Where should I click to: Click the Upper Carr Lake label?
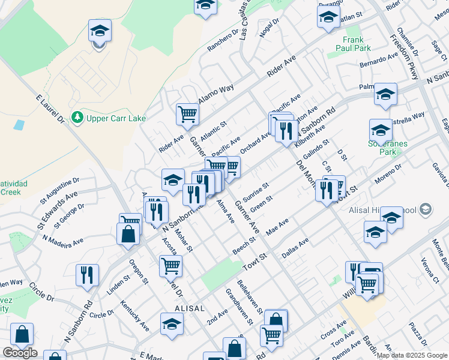tap(116, 118)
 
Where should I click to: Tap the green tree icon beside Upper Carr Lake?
tap(77, 118)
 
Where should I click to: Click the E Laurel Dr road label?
tap(50, 109)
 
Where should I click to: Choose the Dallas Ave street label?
tap(295, 247)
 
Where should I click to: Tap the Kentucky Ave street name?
tap(134, 317)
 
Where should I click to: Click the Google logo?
tap(20, 353)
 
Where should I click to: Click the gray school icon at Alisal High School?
tap(426, 209)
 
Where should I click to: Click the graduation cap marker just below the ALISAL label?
tap(172, 324)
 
